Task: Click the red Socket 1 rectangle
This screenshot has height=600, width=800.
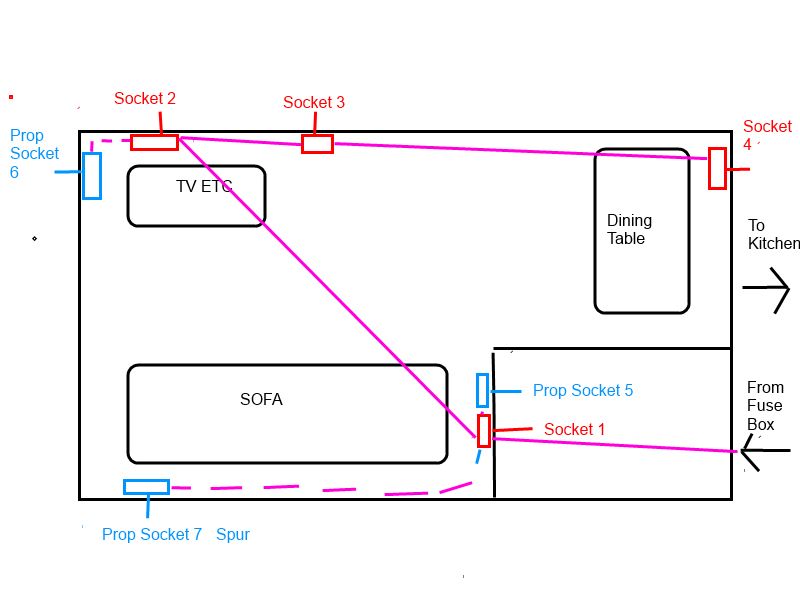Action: click(484, 430)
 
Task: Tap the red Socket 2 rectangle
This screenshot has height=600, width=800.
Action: click(154, 142)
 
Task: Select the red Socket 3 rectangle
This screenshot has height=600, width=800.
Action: click(317, 144)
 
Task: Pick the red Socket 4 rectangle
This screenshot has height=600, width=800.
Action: click(717, 168)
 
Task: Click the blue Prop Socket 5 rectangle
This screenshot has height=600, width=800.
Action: click(482, 390)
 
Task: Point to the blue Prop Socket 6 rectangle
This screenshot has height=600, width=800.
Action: click(92, 175)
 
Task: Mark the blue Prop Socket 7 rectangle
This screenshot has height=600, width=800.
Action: click(146, 487)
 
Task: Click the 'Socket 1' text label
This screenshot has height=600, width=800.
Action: click(574, 429)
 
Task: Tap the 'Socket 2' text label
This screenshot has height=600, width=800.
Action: click(145, 98)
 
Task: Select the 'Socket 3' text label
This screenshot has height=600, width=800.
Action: click(314, 102)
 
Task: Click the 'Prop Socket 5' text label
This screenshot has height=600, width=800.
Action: click(582, 390)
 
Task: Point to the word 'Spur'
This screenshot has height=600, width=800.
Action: click(232, 534)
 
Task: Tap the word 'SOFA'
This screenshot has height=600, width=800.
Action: click(261, 399)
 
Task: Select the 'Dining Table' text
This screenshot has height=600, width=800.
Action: click(629, 229)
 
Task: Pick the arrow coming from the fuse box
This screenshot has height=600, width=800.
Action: click(765, 451)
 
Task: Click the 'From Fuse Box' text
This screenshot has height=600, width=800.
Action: click(765, 405)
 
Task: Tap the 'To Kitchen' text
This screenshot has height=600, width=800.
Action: click(773, 234)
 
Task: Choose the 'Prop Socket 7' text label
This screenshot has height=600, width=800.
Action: click(152, 534)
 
